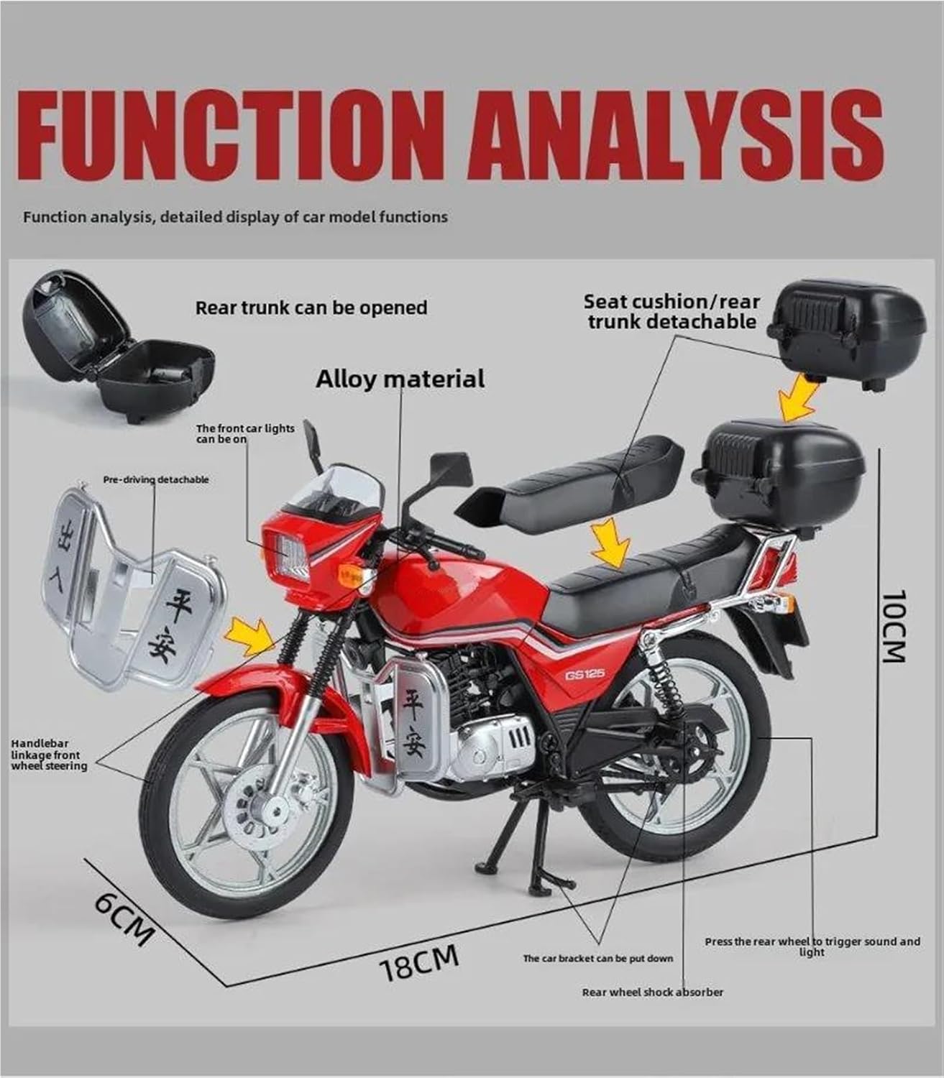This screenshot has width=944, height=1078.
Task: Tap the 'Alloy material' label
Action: [x=400, y=379]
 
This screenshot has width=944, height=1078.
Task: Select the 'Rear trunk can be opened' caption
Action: [x=311, y=308]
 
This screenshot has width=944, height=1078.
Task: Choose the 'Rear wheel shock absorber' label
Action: [x=652, y=992]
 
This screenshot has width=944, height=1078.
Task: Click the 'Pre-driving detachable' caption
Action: [x=156, y=479]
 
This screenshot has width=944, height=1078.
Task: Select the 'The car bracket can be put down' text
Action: [x=597, y=958]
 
